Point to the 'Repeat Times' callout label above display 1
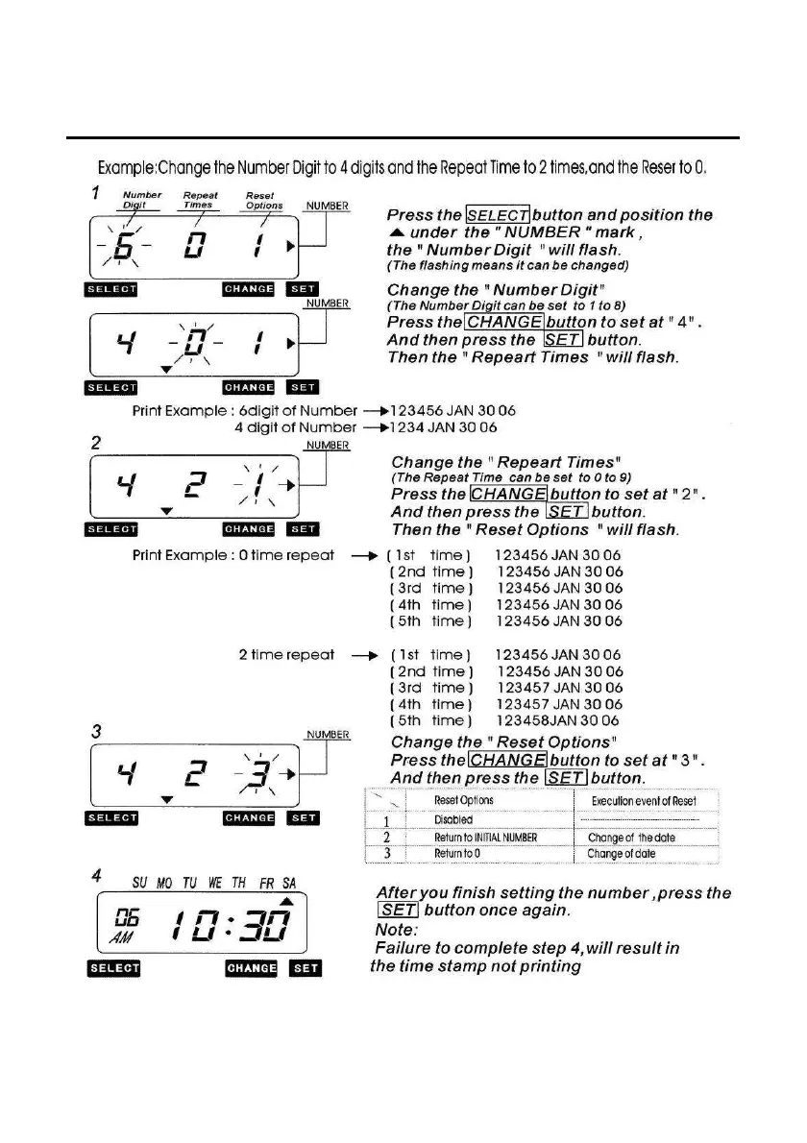pyautogui.click(x=200, y=199)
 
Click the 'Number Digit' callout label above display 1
pyautogui.click(x=142, y=199)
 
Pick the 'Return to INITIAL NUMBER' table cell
pyautogui.click(x=485, y=838)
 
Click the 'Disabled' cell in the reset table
pyautogui.click(x=453, y=820)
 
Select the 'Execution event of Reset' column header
pyautogui.click(x=644, y=800)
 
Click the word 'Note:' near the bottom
pyautogui.click(x=396, y=931)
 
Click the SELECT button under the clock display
pyautogui.click(x=114, y=968)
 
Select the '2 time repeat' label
pyautogui.click(x=286, y=655)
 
